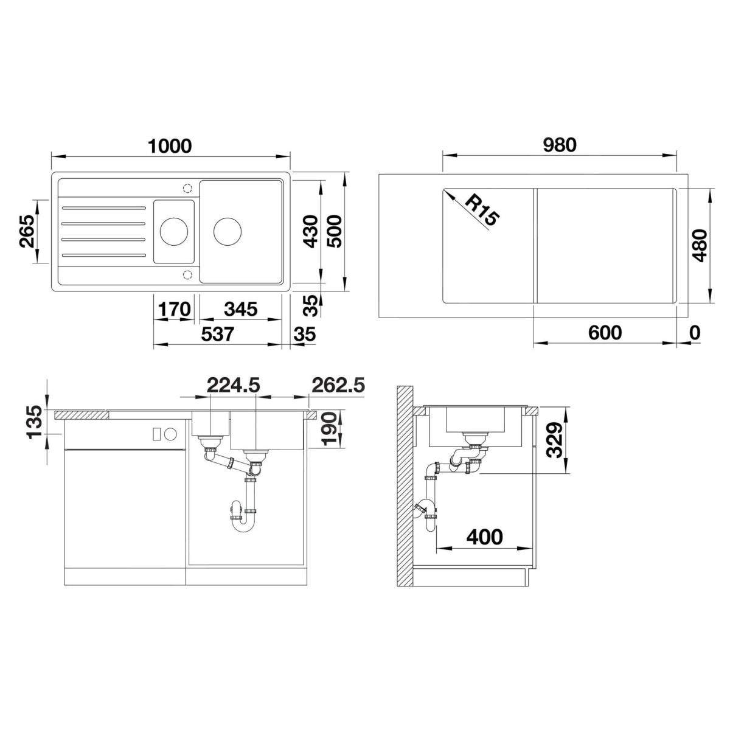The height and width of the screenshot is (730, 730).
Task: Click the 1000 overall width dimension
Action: pyautogui.click(x=170, y=146)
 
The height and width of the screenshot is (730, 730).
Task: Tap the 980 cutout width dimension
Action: pyautogui.click(x=559, y=145)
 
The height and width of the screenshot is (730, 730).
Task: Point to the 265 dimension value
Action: pyautogui.click(x=27, y=231)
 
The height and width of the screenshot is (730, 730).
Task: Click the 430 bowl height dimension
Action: pyautogui.click(x=311, y=231)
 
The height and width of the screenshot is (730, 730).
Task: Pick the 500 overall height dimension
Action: pyautogui.click(x=334, y=231)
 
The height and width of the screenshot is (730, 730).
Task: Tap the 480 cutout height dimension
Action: pyautogui.click(x=698, y=246)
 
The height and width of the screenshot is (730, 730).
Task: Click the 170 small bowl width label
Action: pyautogui.click(x=174, y=309)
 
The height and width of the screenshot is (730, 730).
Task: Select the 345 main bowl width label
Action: pyautogui.click(x=240, y=309)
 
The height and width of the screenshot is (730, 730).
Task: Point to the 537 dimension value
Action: pyautogui.click(x=218, y=334)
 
